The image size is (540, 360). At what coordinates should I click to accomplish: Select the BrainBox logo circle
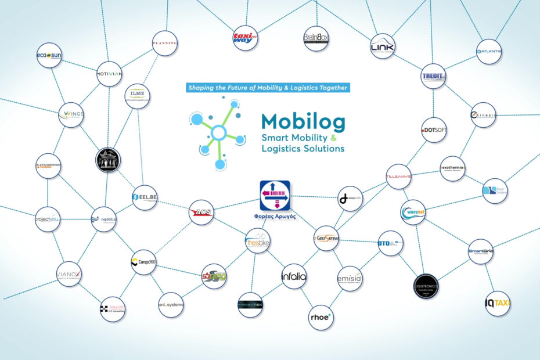pyautogui.click(x=316, y=38)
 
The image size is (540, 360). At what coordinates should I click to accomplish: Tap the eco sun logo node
pyautogui.click(x=49, y=55)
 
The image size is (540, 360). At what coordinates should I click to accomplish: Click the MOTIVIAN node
pyautogui.click(x=109, y=74)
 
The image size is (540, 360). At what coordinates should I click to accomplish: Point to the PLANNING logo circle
pyautogui.click(x=164, y=43)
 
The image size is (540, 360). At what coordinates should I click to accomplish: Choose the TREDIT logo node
pyautogui.click(x=433, y=76)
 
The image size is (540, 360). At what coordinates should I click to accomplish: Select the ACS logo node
pyautogui.click(x=201, y=213)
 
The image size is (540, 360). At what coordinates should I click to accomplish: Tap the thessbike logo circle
pyautogui.click(x=257, y=241)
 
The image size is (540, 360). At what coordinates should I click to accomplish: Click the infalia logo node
pyautogui.click(x=293, y=276)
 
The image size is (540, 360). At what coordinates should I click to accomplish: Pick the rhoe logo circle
pyautogui.click(x=321, y=317)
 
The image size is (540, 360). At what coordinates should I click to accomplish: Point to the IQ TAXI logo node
pyautogui.click(x=498, y=303)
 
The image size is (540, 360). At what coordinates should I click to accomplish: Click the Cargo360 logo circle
pyautogui.click(x=143, y=262)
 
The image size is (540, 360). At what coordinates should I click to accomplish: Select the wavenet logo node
pyautogui.click(x=413, y=213)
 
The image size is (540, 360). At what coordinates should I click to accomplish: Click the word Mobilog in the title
pyautogui.click(x=303, y=121)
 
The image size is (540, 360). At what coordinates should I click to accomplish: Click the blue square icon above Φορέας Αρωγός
pyautogui.click(x=275, y=196)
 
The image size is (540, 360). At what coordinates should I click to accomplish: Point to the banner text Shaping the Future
pyautogui.click(x=268, y=88)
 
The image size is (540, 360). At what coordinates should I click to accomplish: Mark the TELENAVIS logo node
pyautogui.click(x=398, y=177)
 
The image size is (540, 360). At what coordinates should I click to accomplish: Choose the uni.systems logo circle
pyautogui.click(x=171, y=304)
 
